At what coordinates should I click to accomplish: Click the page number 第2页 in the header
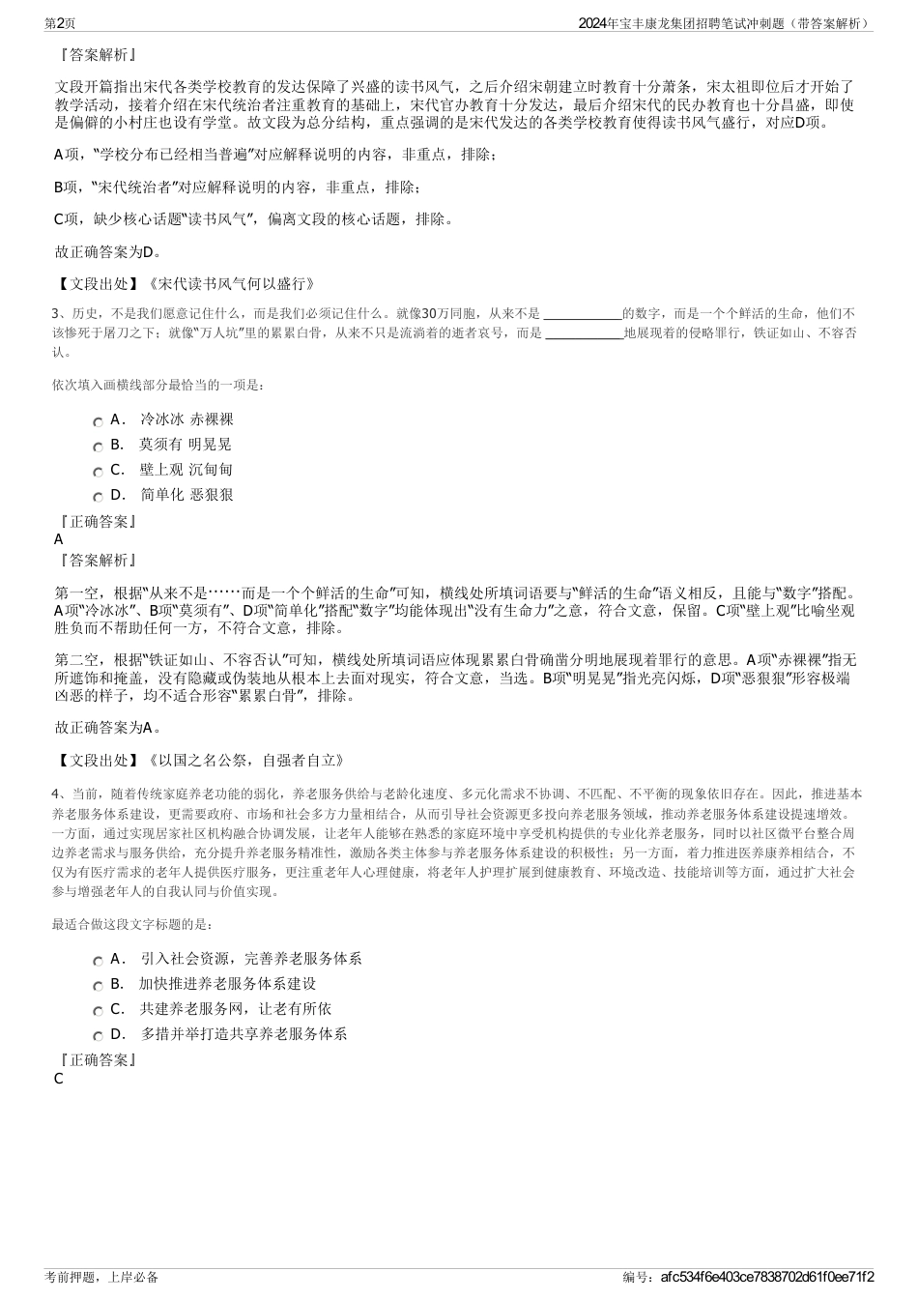(61, 22)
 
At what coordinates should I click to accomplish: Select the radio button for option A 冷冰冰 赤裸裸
(98, 421)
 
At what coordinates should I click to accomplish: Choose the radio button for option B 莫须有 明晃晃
(98, 447)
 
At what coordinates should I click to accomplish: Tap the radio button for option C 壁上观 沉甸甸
(98, 472)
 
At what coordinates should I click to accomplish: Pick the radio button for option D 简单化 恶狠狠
(98, 497)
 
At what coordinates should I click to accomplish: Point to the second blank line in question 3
(584, 335)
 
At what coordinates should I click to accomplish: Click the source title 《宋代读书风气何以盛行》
(231, 284)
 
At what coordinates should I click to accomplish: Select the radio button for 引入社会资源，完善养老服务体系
(98, 961)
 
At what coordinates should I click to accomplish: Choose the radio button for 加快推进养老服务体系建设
(98, 986)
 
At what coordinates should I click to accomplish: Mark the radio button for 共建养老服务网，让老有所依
(98, 1011)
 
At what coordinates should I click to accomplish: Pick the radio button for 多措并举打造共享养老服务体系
(98, 1036)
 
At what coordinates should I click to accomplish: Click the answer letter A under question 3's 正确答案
(59, 539)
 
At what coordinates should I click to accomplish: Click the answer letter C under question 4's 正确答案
(59, 1079)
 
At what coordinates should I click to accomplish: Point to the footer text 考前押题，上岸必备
(101, 1277)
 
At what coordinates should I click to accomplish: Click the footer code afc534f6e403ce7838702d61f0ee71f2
(767, 1277)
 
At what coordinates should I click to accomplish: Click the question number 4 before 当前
(56, 794)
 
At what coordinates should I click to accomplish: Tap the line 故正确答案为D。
(108, 252)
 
